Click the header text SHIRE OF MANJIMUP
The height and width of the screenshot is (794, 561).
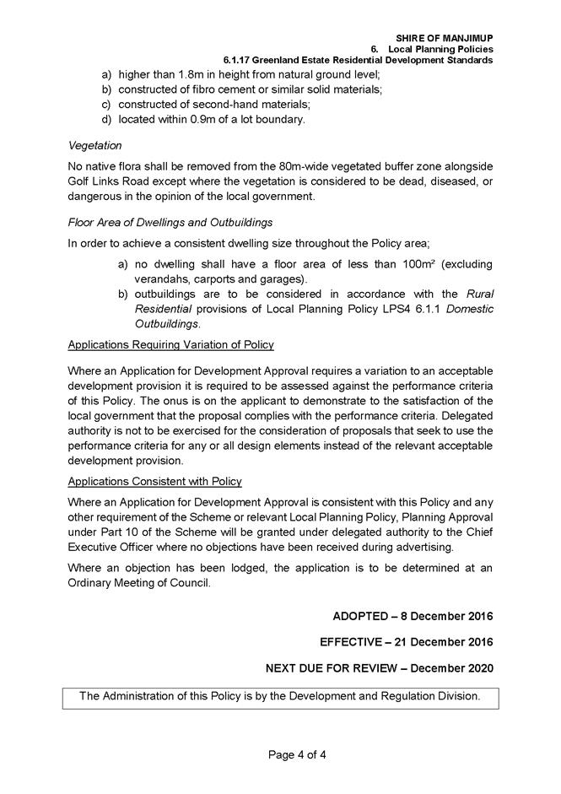444,38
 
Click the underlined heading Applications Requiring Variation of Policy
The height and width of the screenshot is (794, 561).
170,345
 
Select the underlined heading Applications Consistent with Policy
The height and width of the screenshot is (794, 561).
154,481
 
